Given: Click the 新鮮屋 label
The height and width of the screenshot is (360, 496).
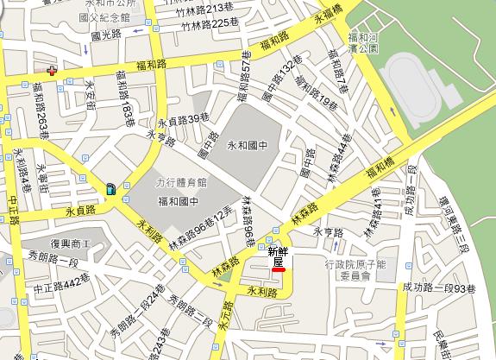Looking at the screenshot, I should pos(277,256).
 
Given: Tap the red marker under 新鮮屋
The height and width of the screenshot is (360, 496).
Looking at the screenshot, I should pos(278,269).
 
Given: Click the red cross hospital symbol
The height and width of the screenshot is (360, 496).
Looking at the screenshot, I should pos(53,73).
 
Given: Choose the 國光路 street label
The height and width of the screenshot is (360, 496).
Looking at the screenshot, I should pos(108,38).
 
